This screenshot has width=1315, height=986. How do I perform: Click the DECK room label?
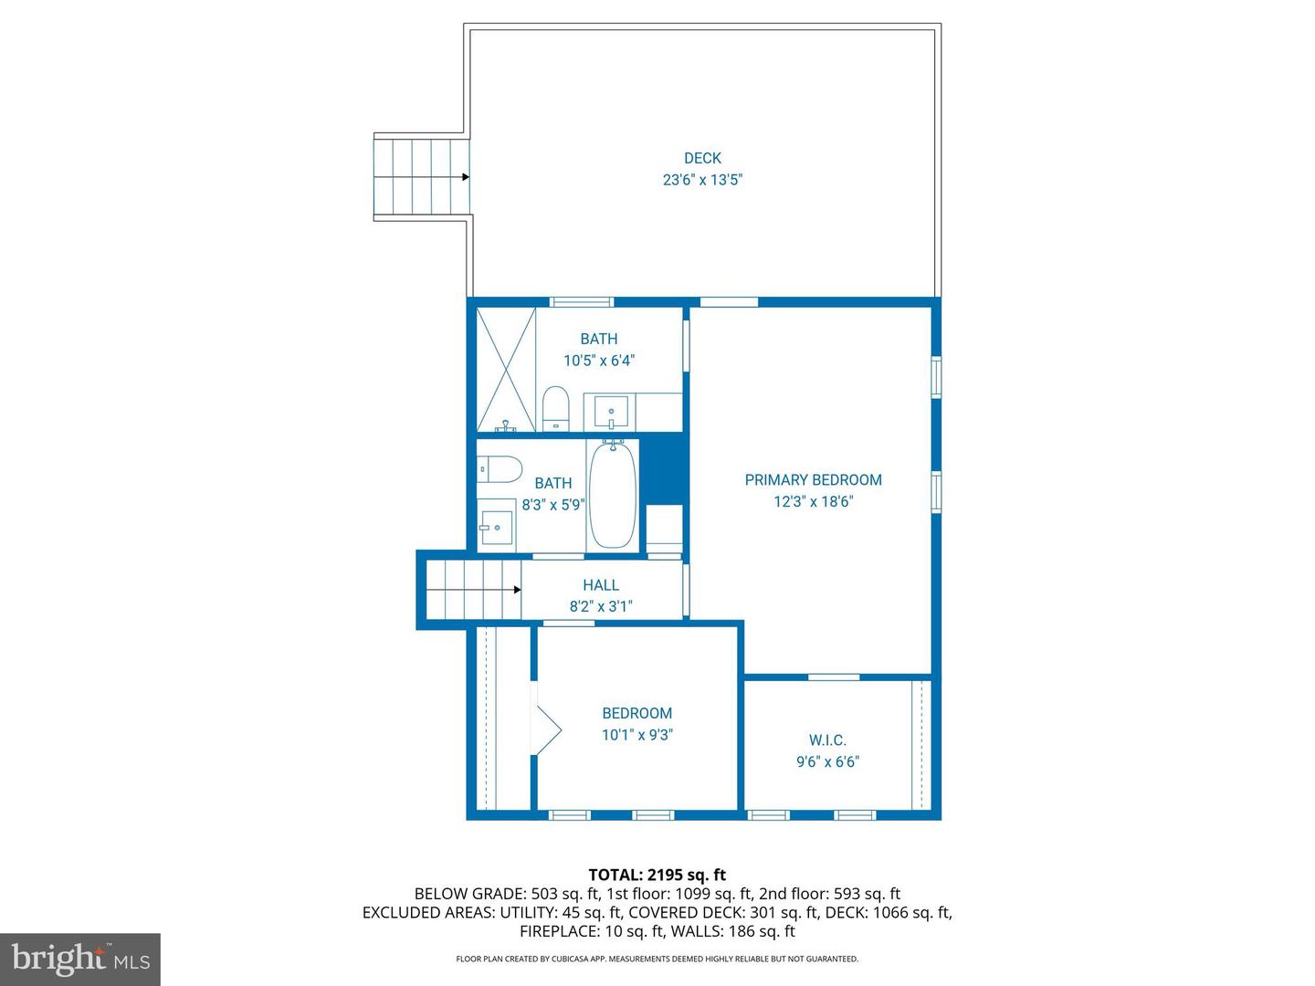click(702, 158)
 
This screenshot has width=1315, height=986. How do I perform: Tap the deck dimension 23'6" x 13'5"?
click(702, 180)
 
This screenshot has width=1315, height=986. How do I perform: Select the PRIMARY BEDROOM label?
click(813, 479)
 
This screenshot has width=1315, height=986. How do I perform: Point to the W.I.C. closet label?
click(827, 740)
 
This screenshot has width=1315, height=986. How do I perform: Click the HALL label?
click(601, 585)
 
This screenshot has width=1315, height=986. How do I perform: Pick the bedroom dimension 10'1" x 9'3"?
click(636, 735)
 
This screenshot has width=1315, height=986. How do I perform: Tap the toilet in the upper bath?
click(555, 408)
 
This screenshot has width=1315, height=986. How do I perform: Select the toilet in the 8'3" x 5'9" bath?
click(498, 469)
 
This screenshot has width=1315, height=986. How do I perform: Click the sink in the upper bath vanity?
click(611, 411)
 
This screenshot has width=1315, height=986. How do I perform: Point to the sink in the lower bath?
click(497, 527)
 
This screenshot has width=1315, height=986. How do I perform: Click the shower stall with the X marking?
click(505, 369)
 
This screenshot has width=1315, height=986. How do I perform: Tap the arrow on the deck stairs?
click(465, 177)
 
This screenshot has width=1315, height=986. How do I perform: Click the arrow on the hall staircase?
click(516, 590)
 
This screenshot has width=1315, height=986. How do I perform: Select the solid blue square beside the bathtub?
click(664, 470)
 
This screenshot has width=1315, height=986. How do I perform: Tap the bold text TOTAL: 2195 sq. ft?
click(657, 875)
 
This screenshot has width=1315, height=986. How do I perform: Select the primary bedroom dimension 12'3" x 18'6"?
click(813, 501)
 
